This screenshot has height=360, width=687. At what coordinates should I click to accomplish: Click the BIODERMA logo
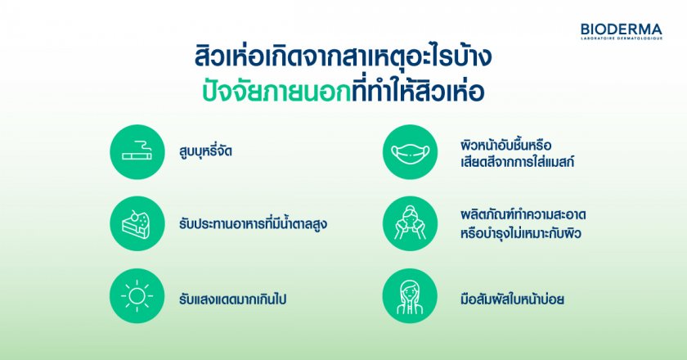click(x=622, y=32)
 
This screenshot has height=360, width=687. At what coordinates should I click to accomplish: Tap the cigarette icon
click(x=137, y=151)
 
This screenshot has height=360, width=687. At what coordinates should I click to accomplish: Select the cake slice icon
click(x=137, y=223)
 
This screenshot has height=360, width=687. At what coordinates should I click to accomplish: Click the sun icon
click(x=137, y=296)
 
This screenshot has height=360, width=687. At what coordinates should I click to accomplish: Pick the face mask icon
click(x=410, y=151)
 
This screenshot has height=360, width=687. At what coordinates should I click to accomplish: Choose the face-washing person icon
click(x=410, y=223)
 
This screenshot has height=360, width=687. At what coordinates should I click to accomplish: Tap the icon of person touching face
click(x=410, y=296)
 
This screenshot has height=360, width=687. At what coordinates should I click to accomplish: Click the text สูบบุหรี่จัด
click(x=205, y=152)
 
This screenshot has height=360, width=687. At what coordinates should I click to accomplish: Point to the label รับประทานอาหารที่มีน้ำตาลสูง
click(x=253, y=223)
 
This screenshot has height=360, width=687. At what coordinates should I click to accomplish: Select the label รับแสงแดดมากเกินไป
click(x=232, y=299)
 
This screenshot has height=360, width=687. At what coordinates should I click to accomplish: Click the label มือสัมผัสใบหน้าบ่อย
click(x=512, y=299)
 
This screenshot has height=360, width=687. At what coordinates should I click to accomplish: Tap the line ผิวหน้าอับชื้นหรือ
click(x=506, y=144)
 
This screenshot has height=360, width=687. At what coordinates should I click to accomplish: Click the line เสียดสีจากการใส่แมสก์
click(x=517, y=162)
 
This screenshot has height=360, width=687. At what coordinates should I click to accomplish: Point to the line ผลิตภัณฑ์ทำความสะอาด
click(x=523, y=215)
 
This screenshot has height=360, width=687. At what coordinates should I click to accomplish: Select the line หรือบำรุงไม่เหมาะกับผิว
click(x=520, y=233)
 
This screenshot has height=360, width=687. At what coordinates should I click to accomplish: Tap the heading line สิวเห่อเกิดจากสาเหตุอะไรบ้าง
click(x=343, y=56)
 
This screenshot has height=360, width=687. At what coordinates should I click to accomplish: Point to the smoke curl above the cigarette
click(x=141, y=145)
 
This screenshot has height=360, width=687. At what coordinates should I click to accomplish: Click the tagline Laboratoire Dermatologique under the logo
click(x=622, y=38)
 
